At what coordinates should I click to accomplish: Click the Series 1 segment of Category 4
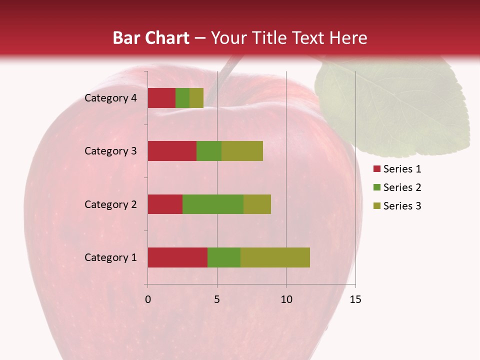161,98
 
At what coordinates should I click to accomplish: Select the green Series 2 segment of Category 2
213,204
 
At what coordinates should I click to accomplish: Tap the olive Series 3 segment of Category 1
275,257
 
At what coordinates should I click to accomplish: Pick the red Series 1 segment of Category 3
172,151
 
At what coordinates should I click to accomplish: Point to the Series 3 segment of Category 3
242,151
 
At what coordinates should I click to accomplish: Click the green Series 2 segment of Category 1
224,257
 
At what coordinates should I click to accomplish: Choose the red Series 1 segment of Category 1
177,257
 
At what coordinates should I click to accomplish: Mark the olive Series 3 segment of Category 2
257,204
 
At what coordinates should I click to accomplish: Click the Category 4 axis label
110,98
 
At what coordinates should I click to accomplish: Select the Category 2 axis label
110,204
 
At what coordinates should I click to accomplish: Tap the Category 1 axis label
110,257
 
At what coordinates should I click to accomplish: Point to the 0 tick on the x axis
148,299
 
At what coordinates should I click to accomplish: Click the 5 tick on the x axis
217,299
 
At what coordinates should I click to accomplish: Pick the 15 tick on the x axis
355,299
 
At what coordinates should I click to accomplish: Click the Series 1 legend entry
397,169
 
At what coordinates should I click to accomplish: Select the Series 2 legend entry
397,187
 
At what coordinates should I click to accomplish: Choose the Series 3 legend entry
397,206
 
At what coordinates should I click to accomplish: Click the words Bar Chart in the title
151,38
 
